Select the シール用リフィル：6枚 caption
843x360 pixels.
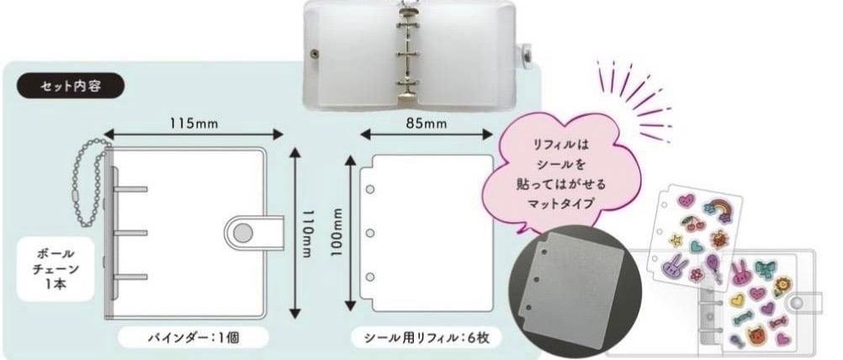(427, 337)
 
